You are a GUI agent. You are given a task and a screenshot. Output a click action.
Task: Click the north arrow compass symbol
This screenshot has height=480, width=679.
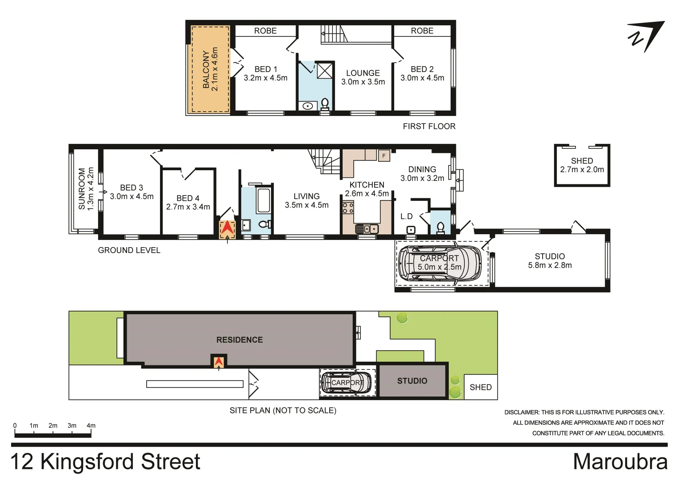(x=646, y=36)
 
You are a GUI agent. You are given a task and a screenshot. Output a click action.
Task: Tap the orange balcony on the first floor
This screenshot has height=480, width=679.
(x=210, y=69)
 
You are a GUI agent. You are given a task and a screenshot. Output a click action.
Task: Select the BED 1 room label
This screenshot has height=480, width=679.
(x=265, y=73)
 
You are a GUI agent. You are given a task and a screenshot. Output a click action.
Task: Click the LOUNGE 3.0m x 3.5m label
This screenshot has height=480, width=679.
(x=363, y=77)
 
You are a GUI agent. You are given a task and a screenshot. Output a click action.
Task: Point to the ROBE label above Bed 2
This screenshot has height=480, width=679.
(x=422, y=31)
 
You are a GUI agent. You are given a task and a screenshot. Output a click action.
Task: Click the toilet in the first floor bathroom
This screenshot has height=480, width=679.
(x=325, y=104)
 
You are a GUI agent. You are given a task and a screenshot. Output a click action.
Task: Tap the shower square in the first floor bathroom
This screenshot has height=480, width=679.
(x=324, y=71)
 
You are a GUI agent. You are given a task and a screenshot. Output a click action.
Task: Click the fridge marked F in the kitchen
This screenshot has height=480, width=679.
(x=384, y=156)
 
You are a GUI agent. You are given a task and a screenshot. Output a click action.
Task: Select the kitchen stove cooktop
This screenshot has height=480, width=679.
(x=347, y=208)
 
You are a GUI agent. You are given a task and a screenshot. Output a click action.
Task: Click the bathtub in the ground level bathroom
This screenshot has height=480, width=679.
(x=264, y=200)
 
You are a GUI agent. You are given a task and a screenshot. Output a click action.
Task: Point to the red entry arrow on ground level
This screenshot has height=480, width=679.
(x=227, y=228)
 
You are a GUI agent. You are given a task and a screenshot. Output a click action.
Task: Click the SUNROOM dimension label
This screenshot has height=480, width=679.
(x=86, y=189)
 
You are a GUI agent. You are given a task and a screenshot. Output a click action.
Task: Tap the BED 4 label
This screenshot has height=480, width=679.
(x=188, y=202)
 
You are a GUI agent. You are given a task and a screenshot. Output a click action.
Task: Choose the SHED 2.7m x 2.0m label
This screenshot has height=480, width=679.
(x=582, y=165)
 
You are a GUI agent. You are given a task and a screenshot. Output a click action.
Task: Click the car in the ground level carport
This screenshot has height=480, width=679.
(x=439, y=264)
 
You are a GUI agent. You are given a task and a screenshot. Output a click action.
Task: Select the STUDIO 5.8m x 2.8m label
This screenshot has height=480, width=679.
(x=550, y=260)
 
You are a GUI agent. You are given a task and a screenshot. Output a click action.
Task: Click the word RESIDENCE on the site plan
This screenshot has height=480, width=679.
(x=240, y=340)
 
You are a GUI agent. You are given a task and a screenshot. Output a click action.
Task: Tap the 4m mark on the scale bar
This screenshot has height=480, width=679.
(x=91, y=426)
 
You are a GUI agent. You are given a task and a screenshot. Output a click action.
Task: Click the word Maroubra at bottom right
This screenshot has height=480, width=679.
(x=620, y=462)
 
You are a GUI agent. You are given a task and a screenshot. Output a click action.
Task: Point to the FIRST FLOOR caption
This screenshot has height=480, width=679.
(x=429, y=126)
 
